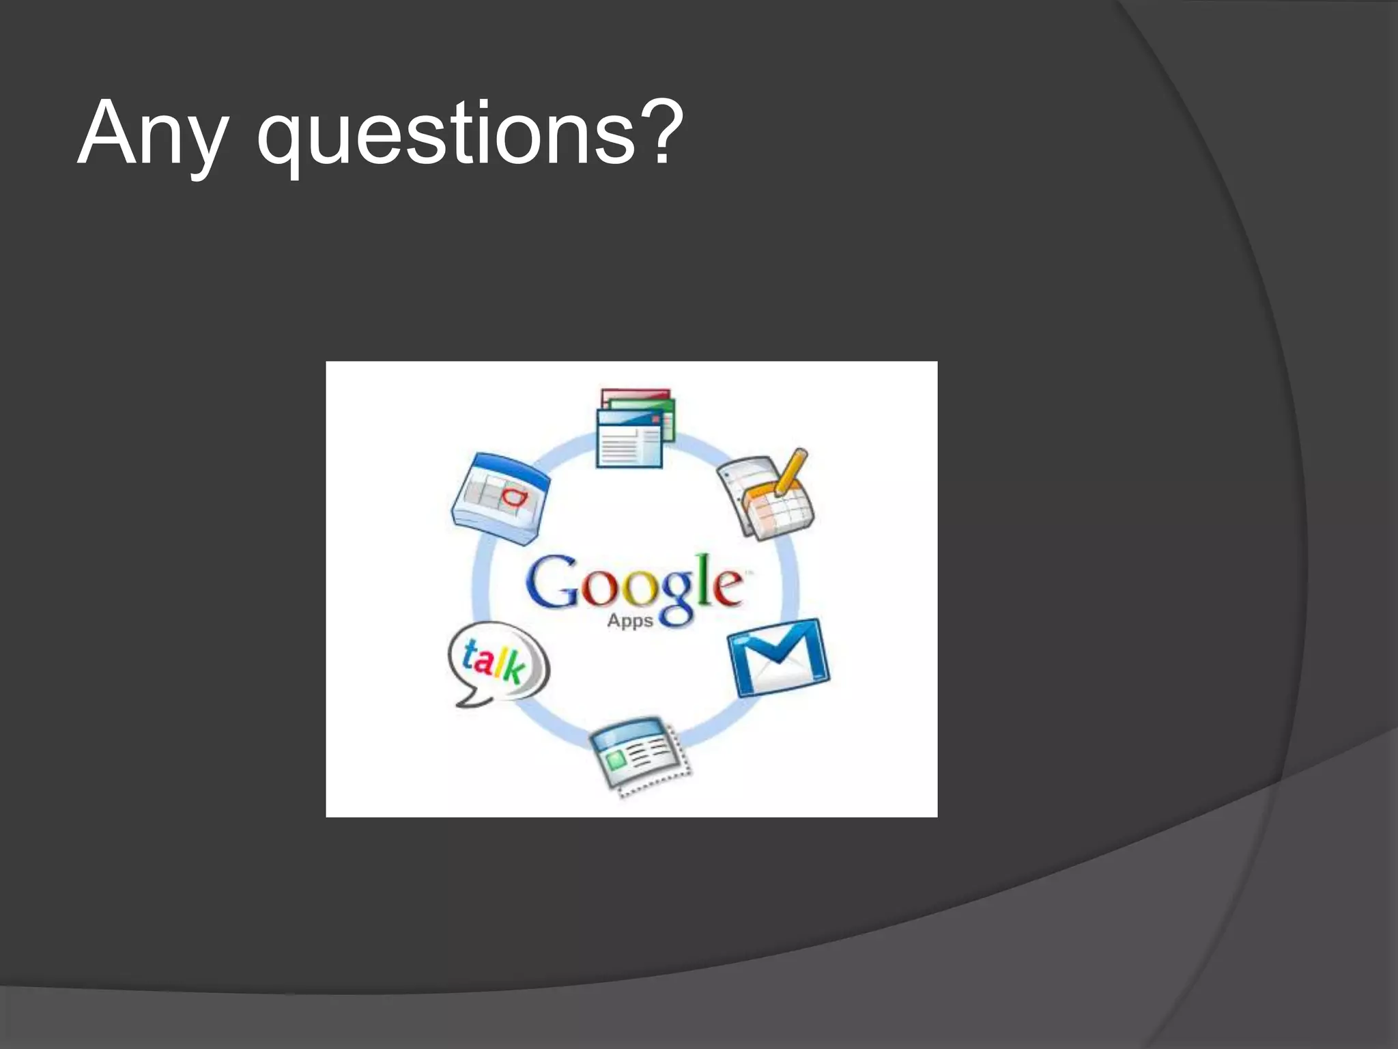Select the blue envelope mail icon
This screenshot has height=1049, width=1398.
779,657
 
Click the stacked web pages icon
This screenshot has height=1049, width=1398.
634,428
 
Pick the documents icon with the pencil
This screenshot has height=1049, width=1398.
767,494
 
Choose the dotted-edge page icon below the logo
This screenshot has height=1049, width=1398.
640,754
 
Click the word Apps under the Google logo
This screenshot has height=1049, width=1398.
630,621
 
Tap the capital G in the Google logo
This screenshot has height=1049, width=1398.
552,582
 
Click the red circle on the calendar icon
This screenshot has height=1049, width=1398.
514,496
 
